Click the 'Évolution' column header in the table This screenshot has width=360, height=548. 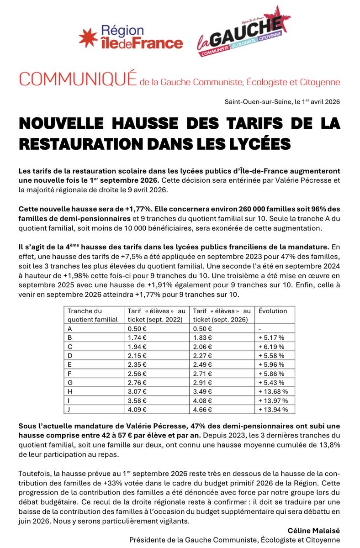[x=273, y=311]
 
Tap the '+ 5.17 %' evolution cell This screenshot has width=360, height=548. [x=271, y=337]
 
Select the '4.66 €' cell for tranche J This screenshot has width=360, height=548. [x=202, y=410]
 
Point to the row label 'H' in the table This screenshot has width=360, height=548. [x=70, y=391]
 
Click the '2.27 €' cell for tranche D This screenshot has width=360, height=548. [x=202, y=355]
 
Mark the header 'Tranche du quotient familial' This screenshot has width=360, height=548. [x=92, y=315]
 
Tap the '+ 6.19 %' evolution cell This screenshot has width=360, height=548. [x=271, y=347]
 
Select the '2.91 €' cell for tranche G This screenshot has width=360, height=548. [x=202, y=382]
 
